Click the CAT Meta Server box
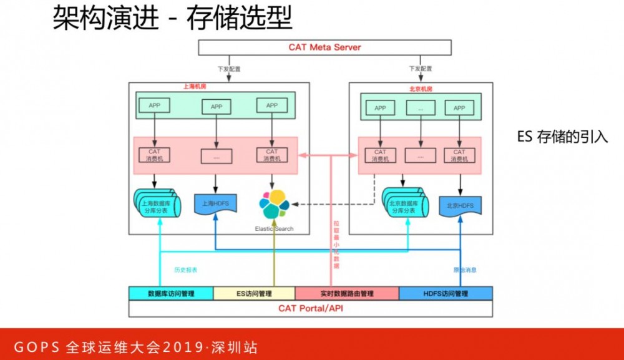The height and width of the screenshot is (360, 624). (324, 47)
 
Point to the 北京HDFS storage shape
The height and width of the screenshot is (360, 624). (460, 206)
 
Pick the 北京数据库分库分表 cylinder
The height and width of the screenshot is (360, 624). (406, 203)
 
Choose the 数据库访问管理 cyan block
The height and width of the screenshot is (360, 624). (170, 293)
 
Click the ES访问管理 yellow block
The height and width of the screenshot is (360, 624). (254, 293)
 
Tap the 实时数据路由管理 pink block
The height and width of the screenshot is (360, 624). (346, 293)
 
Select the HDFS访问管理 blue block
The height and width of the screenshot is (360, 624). (446, 293)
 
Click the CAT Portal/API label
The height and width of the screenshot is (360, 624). (310, 308)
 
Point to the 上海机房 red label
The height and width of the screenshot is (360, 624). (193, 87)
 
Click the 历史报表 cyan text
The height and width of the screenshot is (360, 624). (185, 270)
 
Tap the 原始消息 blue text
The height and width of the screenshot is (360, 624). (464, 270)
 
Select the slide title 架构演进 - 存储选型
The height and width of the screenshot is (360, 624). (172, 19)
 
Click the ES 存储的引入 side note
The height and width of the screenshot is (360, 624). (562, 137)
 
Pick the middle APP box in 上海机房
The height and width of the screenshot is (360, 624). (216, 107)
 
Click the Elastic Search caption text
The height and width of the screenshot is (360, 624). (274, 229)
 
